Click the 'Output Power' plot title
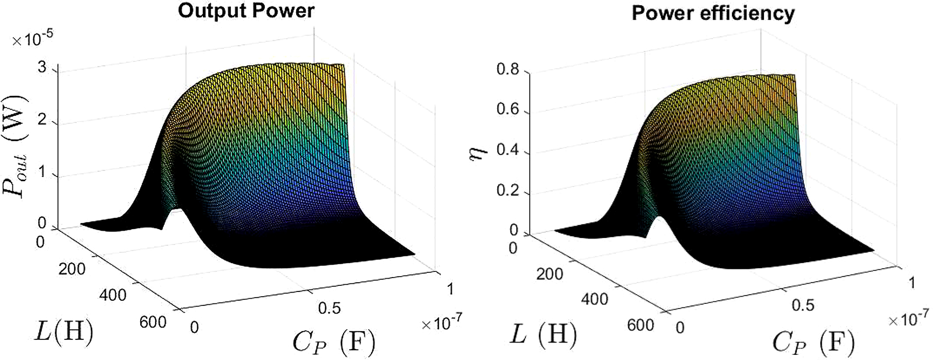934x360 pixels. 246,11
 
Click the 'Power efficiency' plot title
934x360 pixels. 713,13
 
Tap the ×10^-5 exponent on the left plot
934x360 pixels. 32,39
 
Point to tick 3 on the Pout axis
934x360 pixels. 42,67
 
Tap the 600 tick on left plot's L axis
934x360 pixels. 153,322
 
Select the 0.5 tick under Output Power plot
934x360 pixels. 329,308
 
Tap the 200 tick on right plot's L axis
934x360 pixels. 549,274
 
